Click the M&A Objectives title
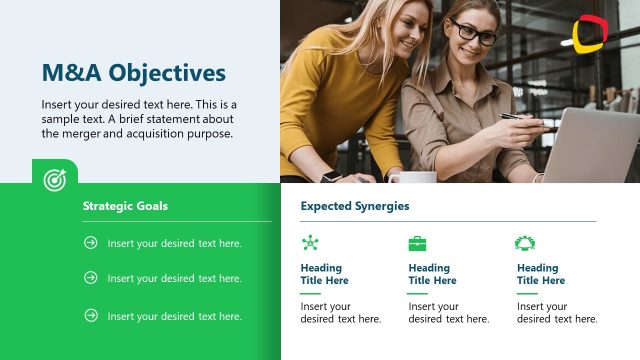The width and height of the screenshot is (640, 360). pyautogui.click(x=133, y=73)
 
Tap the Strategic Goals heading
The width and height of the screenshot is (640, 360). pyautogui.click(x=125, y=206)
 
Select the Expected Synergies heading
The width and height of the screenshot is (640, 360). pyautogui.click(x=354, y=206)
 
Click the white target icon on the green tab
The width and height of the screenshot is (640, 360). pyautogui.click(x=54, y=179)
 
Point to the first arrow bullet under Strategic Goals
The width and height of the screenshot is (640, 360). pyautogui.click(x=91, y=243)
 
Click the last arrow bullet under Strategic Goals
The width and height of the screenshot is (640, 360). pyautogui.click(x=91, y=315)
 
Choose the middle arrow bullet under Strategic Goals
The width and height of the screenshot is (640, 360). pyautogui.click(x=91, y=278)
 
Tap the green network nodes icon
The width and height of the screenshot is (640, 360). pyautogui.click(x=310, y=243)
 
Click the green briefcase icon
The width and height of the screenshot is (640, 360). pyautogui.click(x=417, y=243)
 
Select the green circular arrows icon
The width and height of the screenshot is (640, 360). pyautogui.click(x=525, y=243)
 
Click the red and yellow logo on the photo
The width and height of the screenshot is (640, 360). pyautogui.click(x=588, y=34)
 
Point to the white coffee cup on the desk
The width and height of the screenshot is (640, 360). pyautogui.click(x=412, y=177)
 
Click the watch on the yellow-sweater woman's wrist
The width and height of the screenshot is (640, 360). pyautogui.click(x=331, y=176)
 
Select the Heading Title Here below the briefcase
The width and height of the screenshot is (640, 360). pyautogui.click(x=432, y=274)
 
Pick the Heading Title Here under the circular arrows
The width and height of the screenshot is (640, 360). pyautogui.click(x=540, y=274)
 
